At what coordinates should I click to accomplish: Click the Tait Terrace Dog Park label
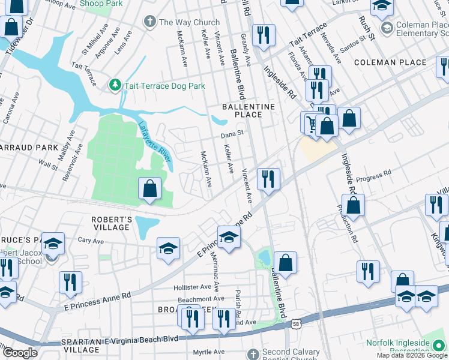click(x=164, y=86)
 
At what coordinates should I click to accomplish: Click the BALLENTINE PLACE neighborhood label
click(x=249, y=110)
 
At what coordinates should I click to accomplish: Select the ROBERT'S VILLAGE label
click(x=111, y=223)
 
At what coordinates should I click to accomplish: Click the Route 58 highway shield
click(x=296, y=323)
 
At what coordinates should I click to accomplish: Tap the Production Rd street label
click(x=347, y=223)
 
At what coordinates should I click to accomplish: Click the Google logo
click(x=20, y=353)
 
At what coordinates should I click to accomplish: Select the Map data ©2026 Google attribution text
click(x=412, y=355)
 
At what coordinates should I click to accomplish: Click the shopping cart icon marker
click(x=311, y=123)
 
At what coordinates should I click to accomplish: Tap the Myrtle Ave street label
click(x=208, y=352)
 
